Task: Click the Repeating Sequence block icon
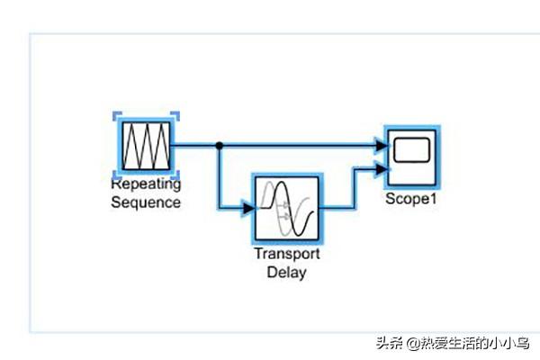[146, 144]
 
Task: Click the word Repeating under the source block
[145, 184]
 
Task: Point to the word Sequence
[145, 202]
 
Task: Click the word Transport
[286, 254]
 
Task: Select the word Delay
[286, 271]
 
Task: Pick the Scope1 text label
[411, 199]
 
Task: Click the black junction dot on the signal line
[219, 145]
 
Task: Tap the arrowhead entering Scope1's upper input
[382, 145]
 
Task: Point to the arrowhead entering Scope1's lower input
[382, 168]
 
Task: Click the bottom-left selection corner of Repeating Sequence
[117, 174]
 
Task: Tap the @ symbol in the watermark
[410, 343]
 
